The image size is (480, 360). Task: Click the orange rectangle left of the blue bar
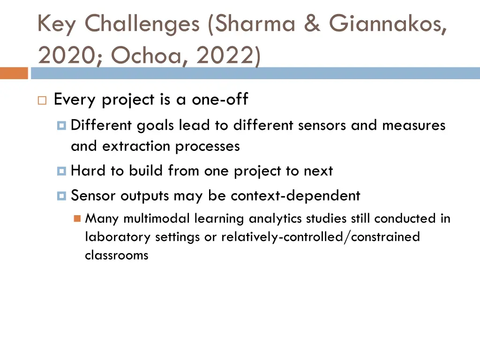point(14,74)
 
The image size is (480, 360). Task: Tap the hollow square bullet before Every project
point(42,101)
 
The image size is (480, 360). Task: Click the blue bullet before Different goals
point(61,126)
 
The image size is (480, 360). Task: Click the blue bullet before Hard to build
point(61,171)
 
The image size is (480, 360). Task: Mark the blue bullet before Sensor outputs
point(61,196)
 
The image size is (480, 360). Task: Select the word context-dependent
point(295,195)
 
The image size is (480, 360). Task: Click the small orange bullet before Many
point(77,218)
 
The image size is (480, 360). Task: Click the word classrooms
point(116,255)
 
